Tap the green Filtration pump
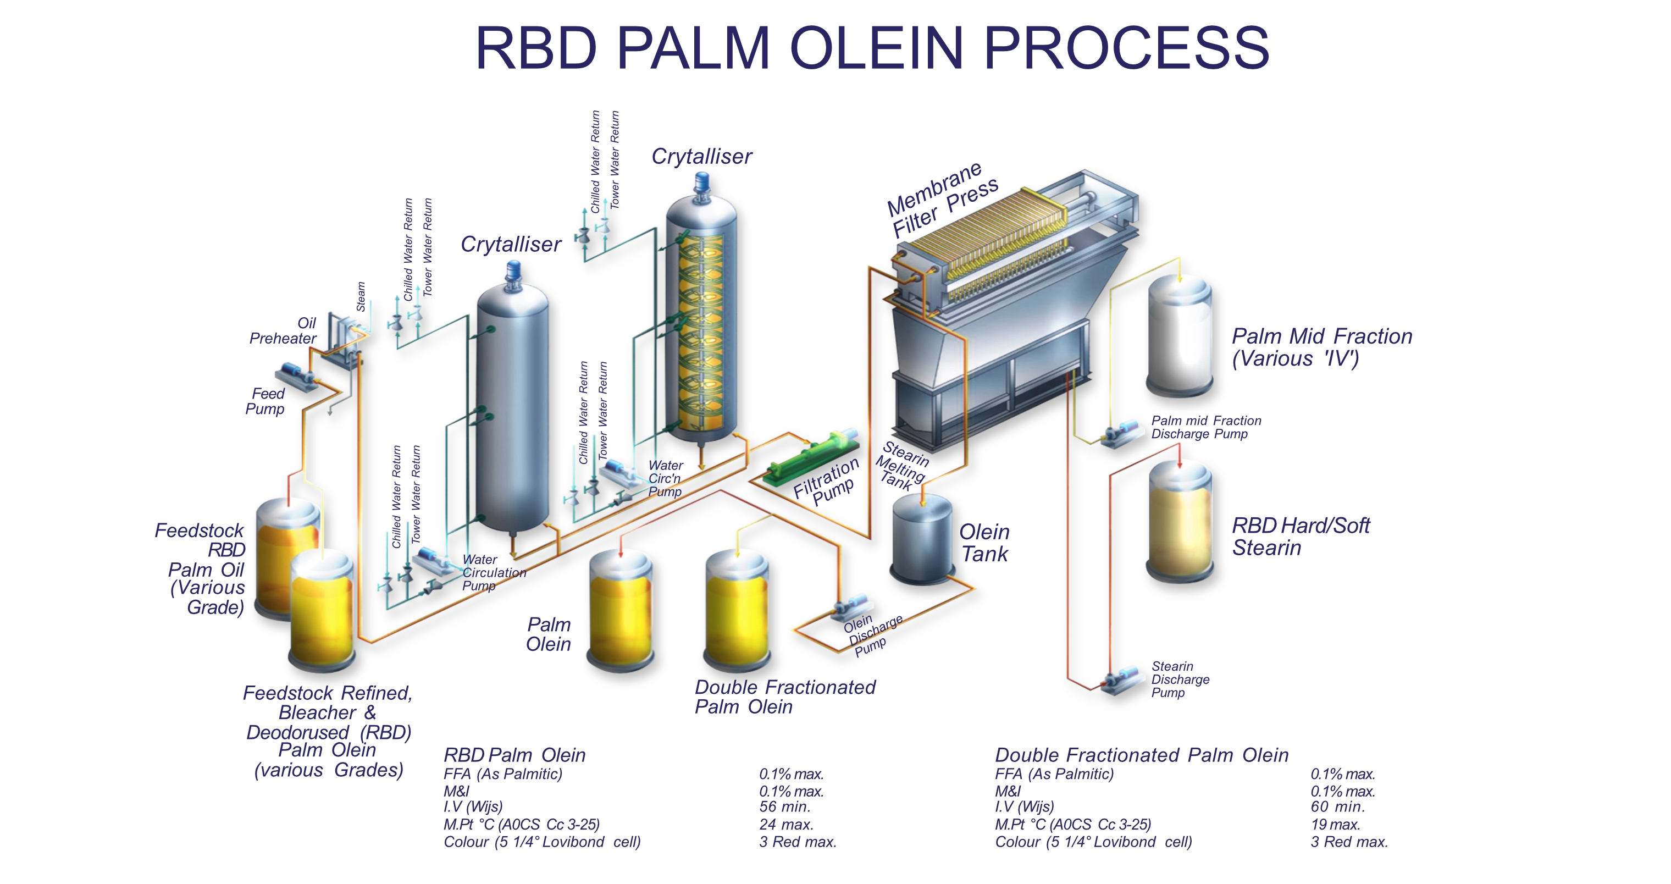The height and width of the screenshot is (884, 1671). point(811,457)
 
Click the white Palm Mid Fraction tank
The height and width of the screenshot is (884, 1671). point(1179,337)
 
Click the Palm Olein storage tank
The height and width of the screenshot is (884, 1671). point(621,610)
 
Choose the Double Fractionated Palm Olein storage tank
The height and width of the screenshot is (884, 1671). point(738,610)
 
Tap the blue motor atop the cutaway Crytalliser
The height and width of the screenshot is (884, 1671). point(702,183)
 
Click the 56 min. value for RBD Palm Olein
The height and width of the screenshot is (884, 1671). point(785,807)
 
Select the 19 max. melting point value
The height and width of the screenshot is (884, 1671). point(1335,824)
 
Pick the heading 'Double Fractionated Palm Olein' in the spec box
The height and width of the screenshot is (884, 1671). point(1141,755)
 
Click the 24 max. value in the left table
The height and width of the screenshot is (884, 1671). point(786,824)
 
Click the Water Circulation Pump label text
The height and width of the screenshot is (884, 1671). point(493,573)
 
